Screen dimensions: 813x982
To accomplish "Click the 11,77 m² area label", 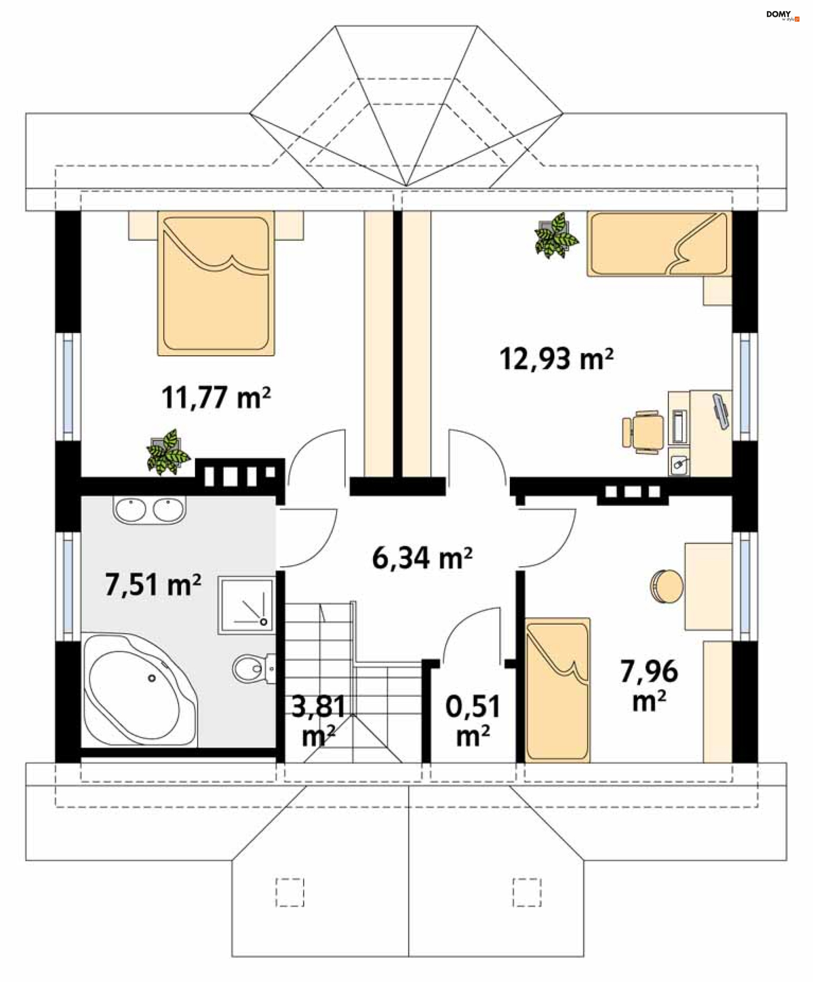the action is pos(216,397).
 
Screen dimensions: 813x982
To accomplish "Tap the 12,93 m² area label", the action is pos(556,359).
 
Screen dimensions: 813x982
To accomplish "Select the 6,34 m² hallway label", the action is pos(422,558).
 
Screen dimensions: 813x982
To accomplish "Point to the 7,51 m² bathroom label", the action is pos(153,585).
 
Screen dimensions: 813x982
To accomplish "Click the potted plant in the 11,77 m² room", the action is pos(167,452).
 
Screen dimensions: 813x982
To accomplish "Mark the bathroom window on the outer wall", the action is pos(68,586).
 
